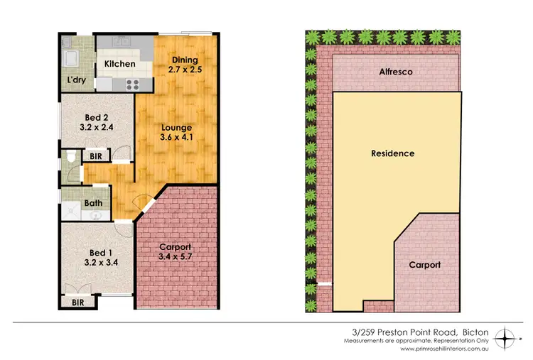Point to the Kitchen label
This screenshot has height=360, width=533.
click(x=120, y=64)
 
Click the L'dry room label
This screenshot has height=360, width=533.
click(x=77, y=80)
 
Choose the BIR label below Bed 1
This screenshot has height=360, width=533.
click(x=77, y=301)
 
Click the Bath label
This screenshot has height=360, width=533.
click(x=93, y=202)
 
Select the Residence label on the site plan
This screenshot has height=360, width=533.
click(x=393, y=153)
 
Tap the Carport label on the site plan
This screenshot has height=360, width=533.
click(x=424, y=264)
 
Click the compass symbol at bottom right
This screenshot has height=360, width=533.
click(x=505, y=337)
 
